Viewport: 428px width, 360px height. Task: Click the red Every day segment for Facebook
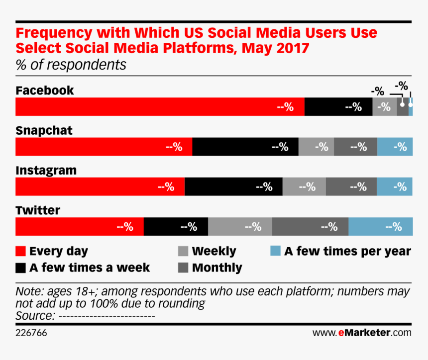[x=160, y=107]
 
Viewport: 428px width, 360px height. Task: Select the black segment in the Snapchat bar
[x=245, y=147]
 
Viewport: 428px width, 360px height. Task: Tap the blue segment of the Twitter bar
[x=380, y=227]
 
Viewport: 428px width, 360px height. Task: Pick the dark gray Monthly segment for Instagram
[x=351, y=186]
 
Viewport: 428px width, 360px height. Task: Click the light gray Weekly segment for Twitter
[x=240, y=227]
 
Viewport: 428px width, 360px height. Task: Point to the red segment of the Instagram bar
[x=100, y=186]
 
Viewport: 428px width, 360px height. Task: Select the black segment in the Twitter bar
[x=176, y=227]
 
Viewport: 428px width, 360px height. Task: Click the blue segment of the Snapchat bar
[x=395, y=147]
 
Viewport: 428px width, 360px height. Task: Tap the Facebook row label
[x=45, y=90]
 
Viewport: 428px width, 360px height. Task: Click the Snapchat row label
[x=44, y=131]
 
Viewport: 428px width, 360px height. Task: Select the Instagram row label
[x=46, y=171]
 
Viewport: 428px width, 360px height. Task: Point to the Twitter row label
[x=38, y=210]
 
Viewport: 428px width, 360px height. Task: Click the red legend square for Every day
[x=21, y=251]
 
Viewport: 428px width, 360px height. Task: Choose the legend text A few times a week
[x=90, y=268]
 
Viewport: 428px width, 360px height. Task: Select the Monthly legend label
[x=217, y=268]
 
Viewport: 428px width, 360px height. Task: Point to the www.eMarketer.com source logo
[x=362, y=332]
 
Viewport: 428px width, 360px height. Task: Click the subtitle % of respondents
[x=71, y=65]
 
